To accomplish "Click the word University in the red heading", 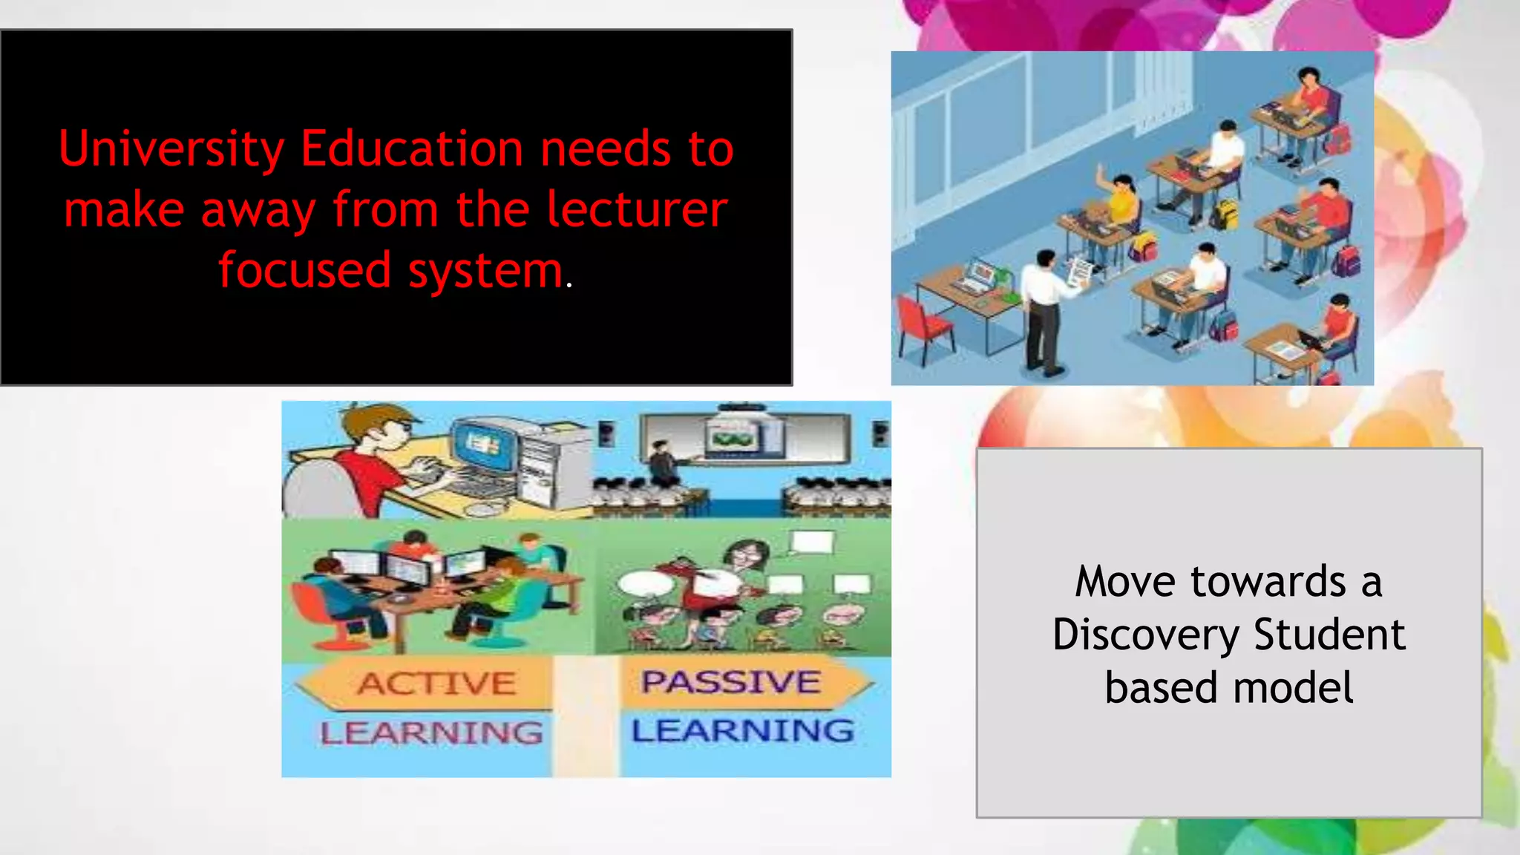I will pos(171,150).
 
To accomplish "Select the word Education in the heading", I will pos(412,150).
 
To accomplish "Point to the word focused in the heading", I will pos(304,270).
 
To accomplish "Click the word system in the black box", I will pos(485,272).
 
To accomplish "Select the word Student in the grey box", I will pos(1329,635).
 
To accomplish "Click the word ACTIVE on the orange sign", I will pos(436,684).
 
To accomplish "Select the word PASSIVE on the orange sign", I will pos(731,682).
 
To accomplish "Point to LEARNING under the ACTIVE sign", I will pos(431,733).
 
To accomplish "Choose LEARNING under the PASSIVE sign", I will pos(742,731).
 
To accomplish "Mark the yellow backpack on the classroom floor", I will pos(1225,214).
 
